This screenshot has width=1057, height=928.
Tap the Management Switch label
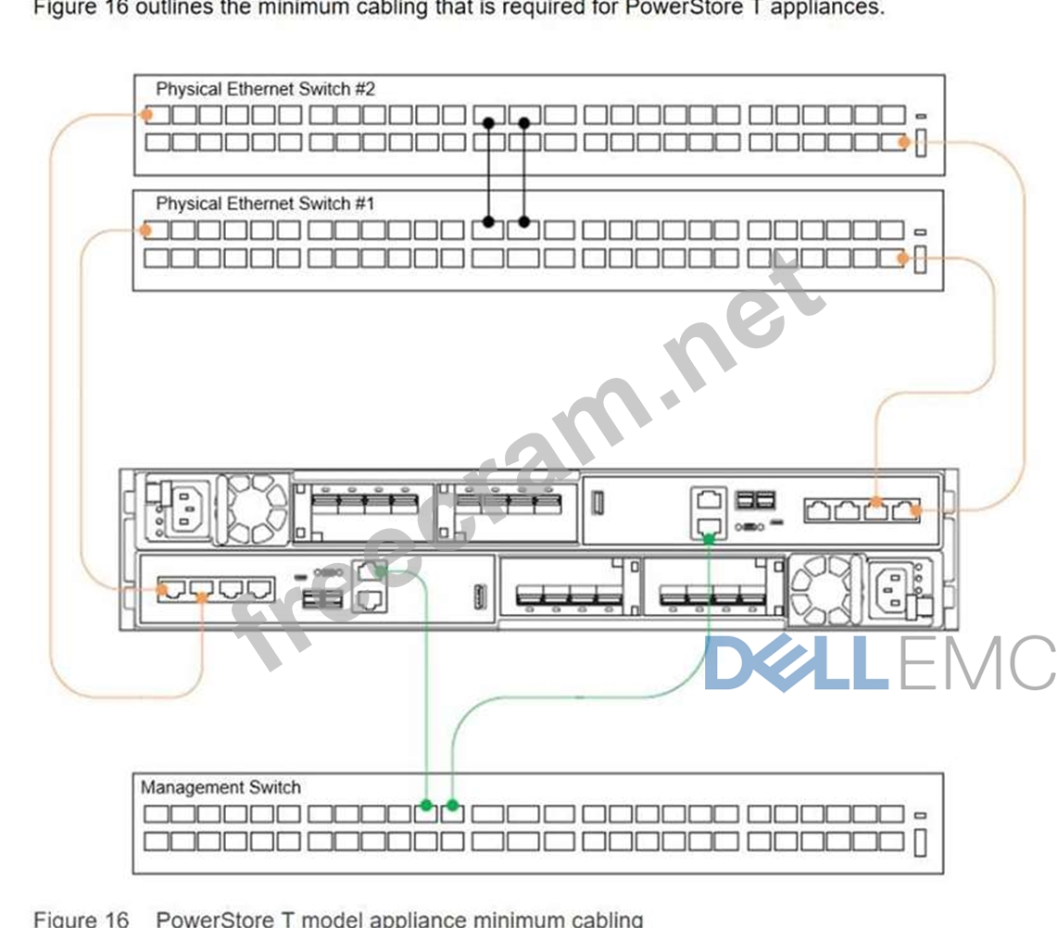[x=220, y=787]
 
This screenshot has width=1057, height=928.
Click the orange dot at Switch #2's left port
[x=145, y=115]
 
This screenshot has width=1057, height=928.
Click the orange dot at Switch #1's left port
[x=145, y=230]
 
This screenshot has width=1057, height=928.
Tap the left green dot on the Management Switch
[x=426, y=805]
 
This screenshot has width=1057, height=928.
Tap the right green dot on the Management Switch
[x=453, y=805]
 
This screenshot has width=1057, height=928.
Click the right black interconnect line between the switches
[x=524, y=172]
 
